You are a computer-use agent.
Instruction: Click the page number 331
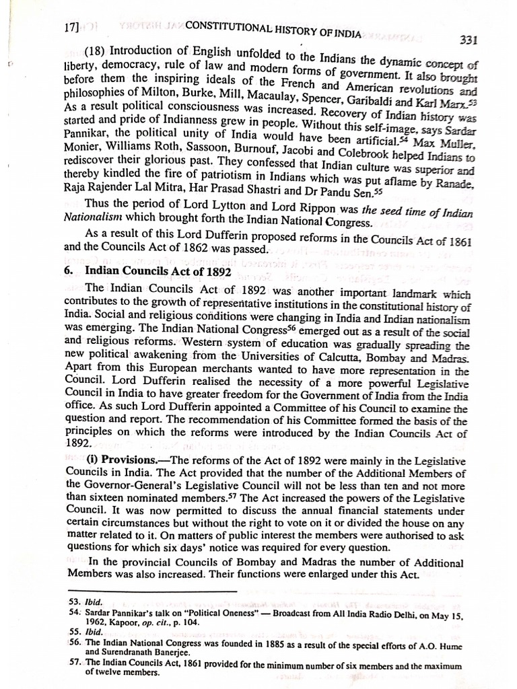pyautogui.click(x=468, y=40)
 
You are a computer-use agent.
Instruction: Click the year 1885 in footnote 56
pyautogui.click(x=263, y=643)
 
